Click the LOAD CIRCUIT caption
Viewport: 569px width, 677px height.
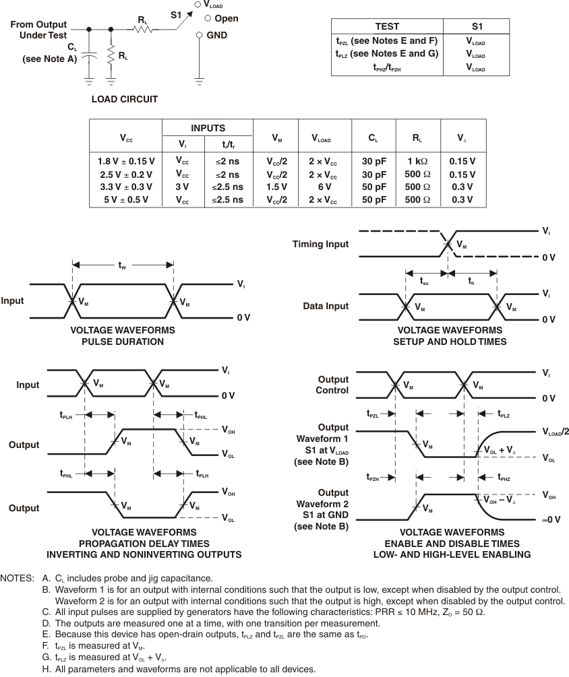tap(125, 99)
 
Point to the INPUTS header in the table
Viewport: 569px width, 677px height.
tap(208, 128)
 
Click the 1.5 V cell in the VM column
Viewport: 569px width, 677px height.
tap(276, 187)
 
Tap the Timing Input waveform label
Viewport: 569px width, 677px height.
tap(320, 244)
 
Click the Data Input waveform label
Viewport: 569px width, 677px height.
tap(326, 306)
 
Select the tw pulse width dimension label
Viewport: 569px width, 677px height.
tap(122, 266)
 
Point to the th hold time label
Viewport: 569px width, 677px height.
tap(472, 282)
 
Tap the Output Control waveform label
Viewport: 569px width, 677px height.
tap(332, 385)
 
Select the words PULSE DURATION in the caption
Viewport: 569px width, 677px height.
tap(122, 342)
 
